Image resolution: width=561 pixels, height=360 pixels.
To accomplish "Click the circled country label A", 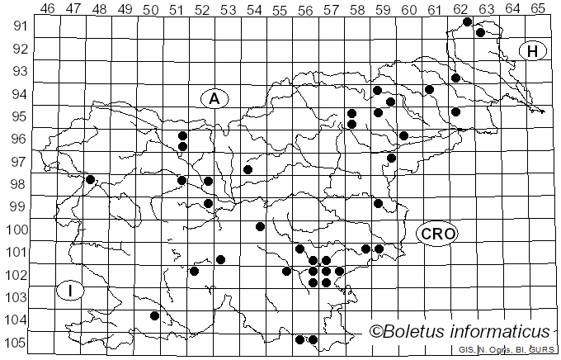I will pyautogui.click(x=214, y=99).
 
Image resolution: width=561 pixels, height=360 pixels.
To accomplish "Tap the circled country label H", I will pyautogui.click(x=533, y=51).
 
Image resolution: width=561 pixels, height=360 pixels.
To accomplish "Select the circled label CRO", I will pyautogui.click(x=437, y=234).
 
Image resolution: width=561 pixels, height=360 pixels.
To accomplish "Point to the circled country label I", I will pyautogui.click(x=72, y=291).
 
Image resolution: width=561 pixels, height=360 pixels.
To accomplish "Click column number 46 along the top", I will pyautogui.click(x=48, y=9).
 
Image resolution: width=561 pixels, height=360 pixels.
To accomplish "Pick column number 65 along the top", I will pyautogui.click(x=538, y=9).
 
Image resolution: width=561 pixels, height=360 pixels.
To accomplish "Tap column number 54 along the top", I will pyautogui.click(x=254, y=9).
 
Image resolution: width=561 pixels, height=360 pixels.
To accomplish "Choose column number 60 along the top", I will pyautogui.click(x=409, y=9).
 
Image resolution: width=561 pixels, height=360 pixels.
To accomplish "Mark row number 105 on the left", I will pyautogui.click(x=17, y=343).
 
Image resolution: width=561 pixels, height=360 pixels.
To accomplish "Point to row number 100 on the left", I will pyautogui.click(x=17, y=230).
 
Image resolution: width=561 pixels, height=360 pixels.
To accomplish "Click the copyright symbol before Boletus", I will pyautogui.click(x=377, y=332).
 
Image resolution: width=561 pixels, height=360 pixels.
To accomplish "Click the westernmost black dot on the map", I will pyautogui.click(x=91, y=179).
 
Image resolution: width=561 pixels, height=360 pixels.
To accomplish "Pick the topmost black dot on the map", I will pyautogui.click(x=468, y=21).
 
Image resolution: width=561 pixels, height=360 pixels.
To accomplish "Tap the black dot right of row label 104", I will pyautogui.click(x=155, y=315).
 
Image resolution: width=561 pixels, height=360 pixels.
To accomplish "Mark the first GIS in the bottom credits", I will pyautogui.click(x=467, y=350).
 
